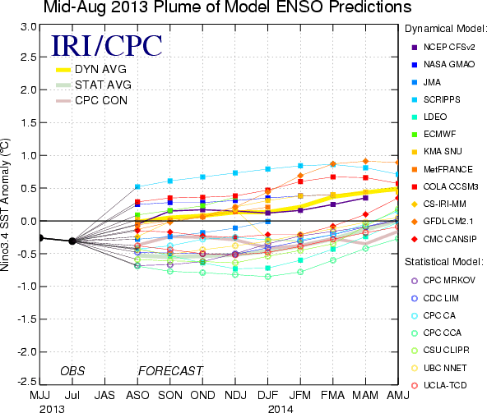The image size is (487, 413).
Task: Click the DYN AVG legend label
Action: tap(100, 69)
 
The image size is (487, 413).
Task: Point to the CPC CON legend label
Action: tap(101, 100)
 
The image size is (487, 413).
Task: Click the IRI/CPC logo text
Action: tap(107, 45)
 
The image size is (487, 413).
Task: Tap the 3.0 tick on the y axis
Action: tap(29, 27)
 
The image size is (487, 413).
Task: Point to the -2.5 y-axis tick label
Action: tap(27, 381)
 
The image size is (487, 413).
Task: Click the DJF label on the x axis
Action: tap(267, 395)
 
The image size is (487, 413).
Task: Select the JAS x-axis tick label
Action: tap(104, 395)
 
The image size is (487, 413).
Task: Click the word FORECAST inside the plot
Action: tap(170, 371)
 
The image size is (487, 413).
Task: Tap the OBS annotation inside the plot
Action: tap(72, 371)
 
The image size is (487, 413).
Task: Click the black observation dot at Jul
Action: tap(72, 241)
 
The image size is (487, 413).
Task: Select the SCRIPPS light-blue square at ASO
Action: tap(137, 186)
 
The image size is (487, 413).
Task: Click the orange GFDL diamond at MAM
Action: tap(365, 161)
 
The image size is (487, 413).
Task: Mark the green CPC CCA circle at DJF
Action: tap(267, 277)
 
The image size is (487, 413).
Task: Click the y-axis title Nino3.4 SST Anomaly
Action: tap(5, 204)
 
